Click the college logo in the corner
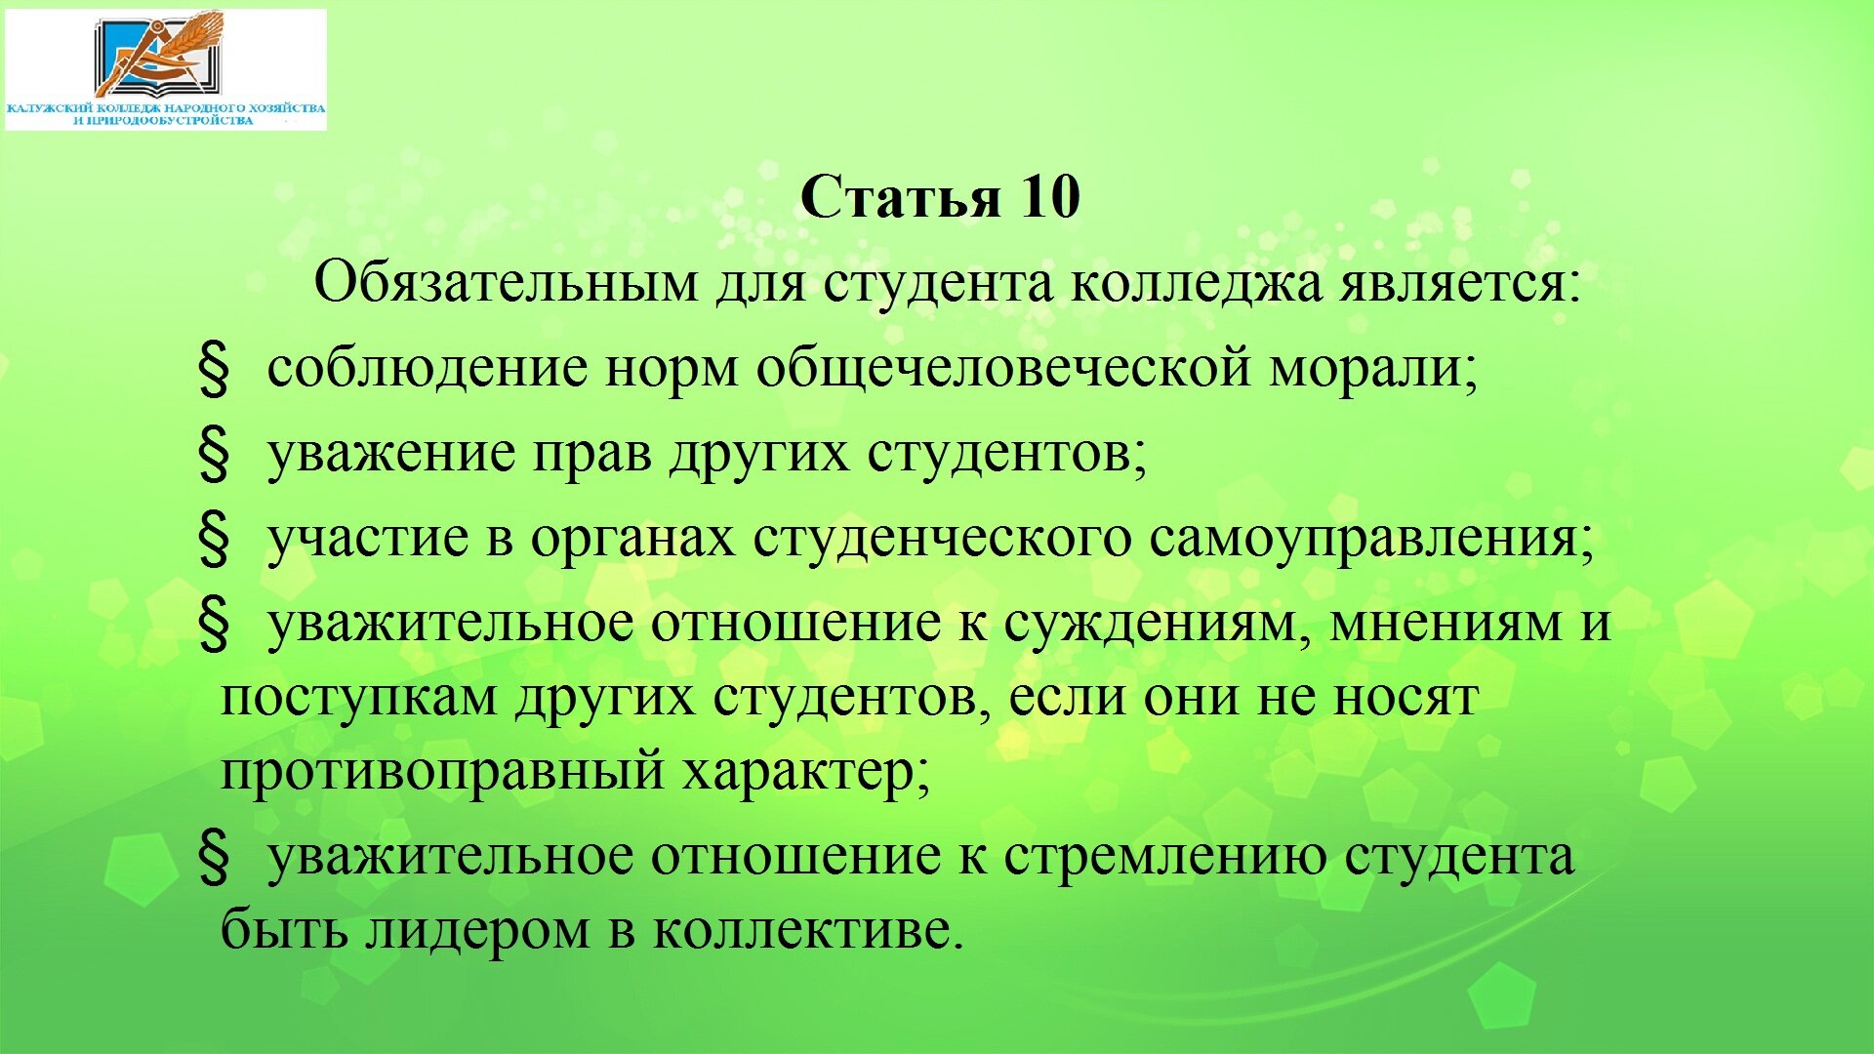(x=166, y=69)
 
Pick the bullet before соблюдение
(x=214, y=370)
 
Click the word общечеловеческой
(x=1002, y=369)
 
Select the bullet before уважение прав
(x=214, y=455)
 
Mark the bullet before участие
(x=214, y=540)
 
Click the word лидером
(x=477, y=930)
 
